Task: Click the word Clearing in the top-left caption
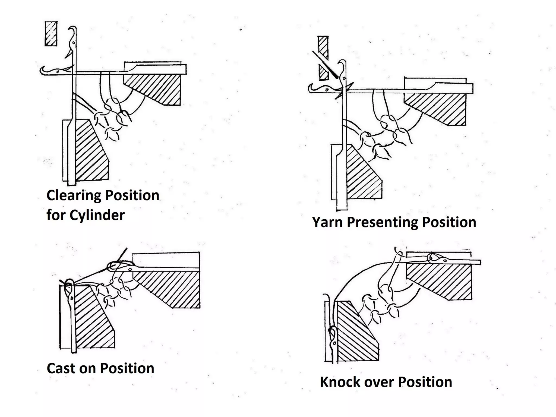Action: click(73, 195)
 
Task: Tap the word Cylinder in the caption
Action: click(97, 215)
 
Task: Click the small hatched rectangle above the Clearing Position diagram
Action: click(51, 34)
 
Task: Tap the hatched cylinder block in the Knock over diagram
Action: click(356, 334)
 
